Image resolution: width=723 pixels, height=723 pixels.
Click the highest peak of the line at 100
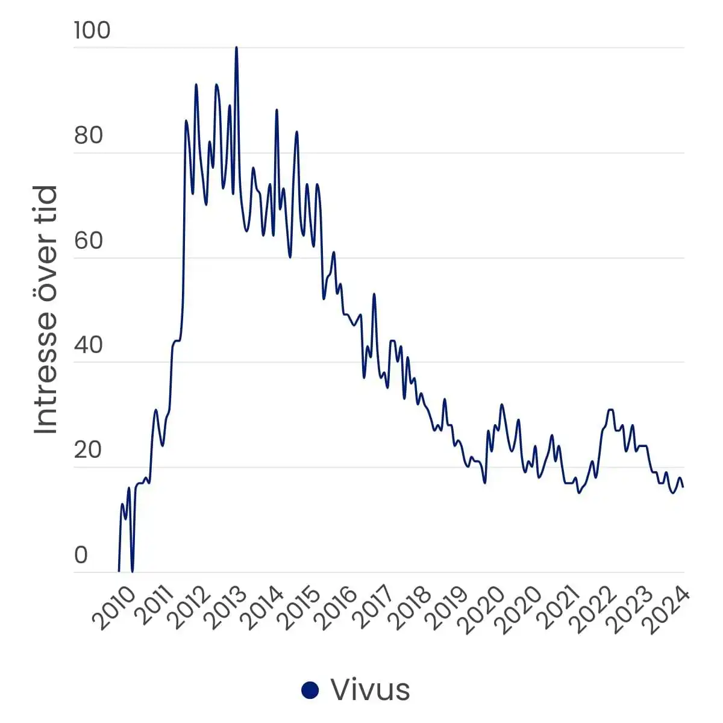click(236, 48)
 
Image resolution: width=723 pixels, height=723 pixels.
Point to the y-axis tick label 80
click(89, 136)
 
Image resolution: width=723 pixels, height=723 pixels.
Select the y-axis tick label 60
click(89, 240)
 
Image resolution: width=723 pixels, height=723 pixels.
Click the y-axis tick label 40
click(89, 345)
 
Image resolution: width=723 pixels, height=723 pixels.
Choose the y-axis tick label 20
click(89, 450)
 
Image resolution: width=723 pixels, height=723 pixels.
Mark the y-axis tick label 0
click(81, 555)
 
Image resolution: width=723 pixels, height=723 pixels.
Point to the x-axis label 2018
click(412, 609)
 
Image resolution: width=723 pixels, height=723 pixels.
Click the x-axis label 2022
click(596, 609)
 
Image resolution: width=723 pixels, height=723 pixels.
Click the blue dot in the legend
click(310, 690)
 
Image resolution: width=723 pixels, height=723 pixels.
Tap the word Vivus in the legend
click(370, 690)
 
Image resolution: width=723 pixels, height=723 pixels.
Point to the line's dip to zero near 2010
click(132, 570)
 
